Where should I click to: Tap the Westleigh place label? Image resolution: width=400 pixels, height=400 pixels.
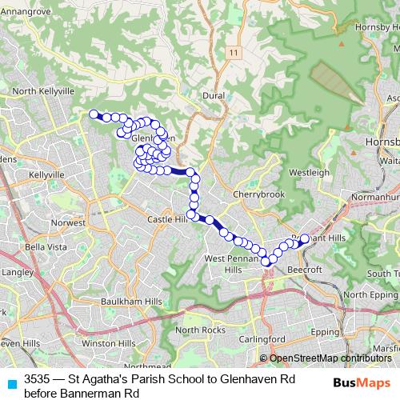309,172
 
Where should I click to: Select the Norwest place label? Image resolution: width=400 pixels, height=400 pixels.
67,222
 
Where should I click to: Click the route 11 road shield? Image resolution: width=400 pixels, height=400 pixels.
233,52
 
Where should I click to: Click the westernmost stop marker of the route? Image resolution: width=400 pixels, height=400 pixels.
94,114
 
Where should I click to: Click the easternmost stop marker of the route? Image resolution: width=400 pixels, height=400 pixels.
304,238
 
